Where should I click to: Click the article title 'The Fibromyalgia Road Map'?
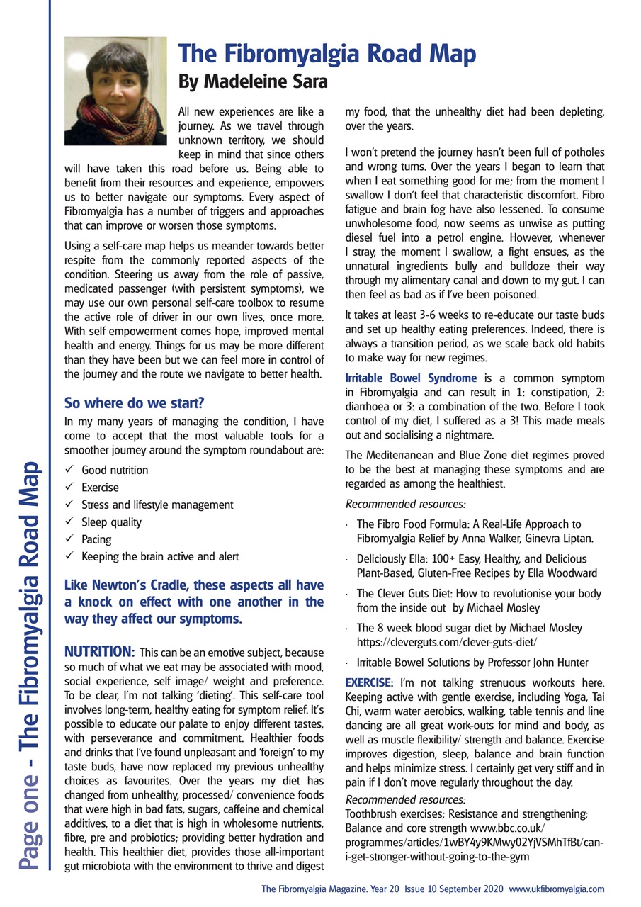coord(326,55)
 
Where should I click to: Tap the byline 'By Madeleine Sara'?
coord(253,82)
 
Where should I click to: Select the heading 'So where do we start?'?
coord(134,403)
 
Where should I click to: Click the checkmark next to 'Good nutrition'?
coord(69,470)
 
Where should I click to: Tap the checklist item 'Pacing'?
coord(96,539)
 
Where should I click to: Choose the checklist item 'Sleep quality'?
coord(111,522)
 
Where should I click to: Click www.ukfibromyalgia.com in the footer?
coord(556,889)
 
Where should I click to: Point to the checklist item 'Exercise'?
coord(100,488)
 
